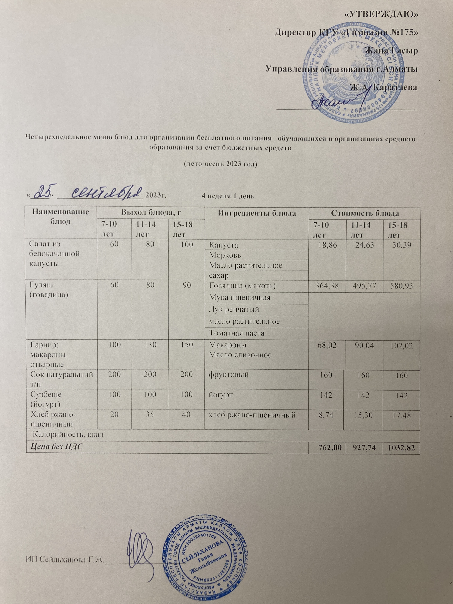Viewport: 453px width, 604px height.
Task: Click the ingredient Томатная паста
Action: coord(237,333)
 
